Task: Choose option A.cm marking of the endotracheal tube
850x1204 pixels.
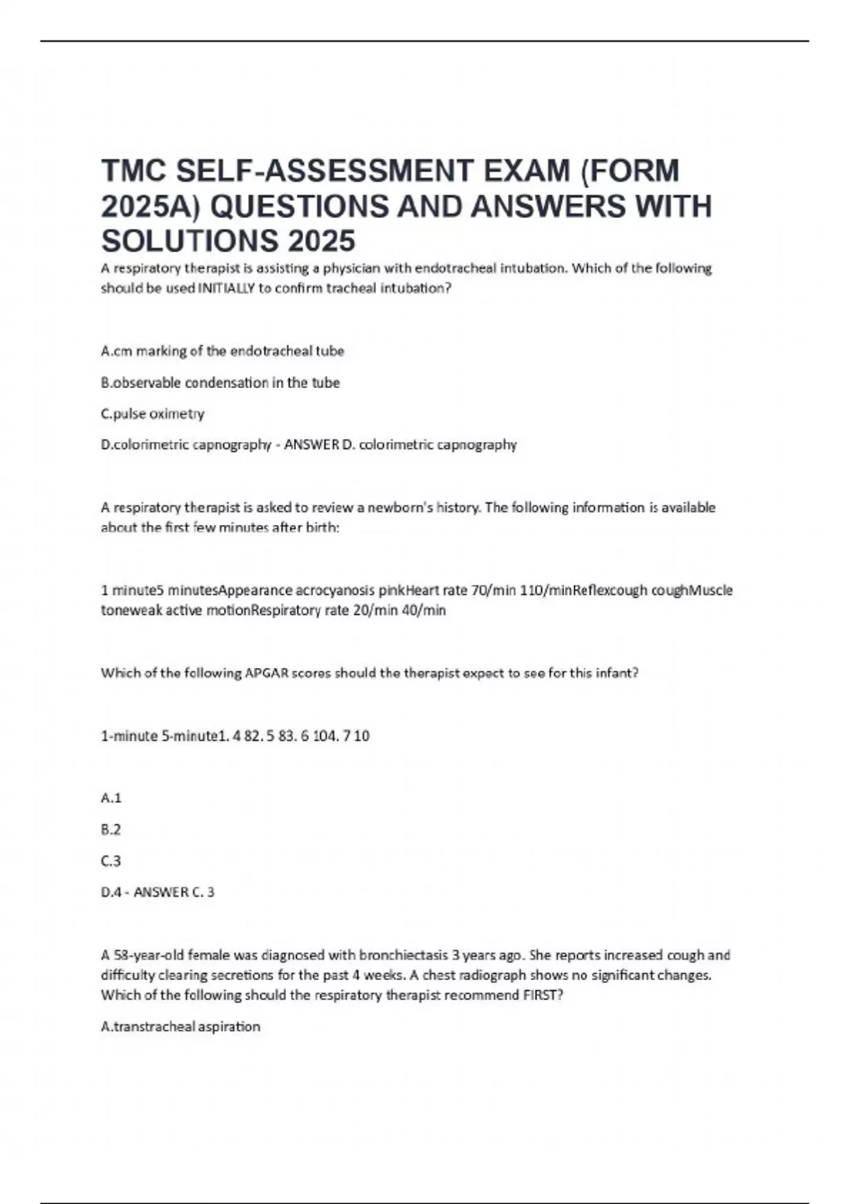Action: [222, 351]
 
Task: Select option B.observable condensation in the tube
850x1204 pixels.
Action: [220, 382]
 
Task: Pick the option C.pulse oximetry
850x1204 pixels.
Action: [153, 414]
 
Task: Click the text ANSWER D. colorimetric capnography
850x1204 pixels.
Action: [400, 445]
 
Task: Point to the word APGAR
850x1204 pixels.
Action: [267, 673]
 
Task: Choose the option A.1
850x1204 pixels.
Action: [111, 798]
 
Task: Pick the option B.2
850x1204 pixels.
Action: [111, 829]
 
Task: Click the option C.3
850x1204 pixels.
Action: [111, 861]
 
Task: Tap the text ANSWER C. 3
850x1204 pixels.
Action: [174, 892]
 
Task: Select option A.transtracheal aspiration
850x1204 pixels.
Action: [181, 1026]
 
